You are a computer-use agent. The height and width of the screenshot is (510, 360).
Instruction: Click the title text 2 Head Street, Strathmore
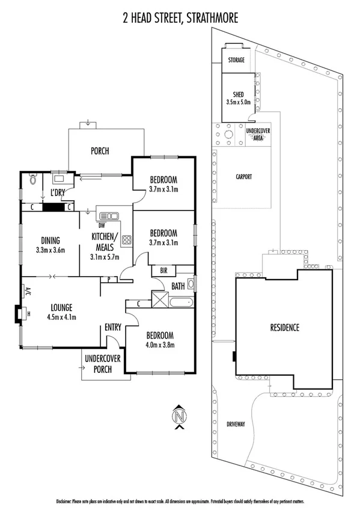(x=179, y=17)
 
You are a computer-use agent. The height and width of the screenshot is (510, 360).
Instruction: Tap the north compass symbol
(x=178, y=416)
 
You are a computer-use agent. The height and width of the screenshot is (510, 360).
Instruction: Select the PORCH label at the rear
(x=99, y=151)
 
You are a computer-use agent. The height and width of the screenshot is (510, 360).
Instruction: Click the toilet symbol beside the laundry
(x=33, y=179)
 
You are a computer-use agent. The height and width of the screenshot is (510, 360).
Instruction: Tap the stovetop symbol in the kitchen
(x=126, y=240)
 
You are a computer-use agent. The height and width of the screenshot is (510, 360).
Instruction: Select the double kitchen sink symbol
(x=109, y=215)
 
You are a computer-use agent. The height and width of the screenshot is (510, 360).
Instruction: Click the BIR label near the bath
(x=163, y=271)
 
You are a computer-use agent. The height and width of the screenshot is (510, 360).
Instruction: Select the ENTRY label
(x=112, y=327)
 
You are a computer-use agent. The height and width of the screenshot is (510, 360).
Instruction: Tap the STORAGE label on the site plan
(x=236, y=60)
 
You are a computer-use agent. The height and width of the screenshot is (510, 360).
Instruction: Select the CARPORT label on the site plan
(x=243, y=177)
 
